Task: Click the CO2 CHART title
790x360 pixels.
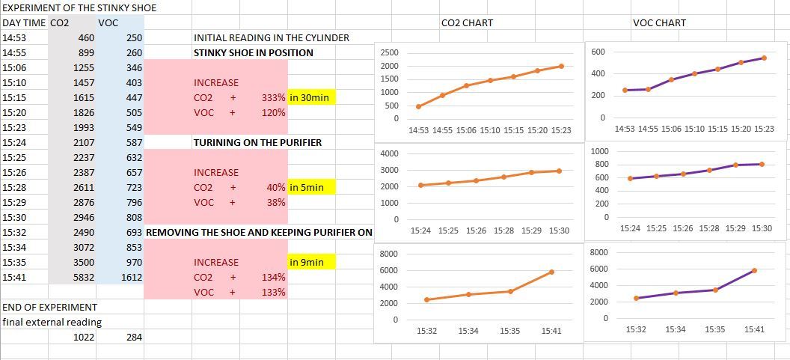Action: coord(467,23)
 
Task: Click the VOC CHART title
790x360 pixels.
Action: coord(659,23)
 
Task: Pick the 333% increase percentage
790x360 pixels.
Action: coord(273,97)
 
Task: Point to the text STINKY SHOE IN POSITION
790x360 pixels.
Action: coord(254,52)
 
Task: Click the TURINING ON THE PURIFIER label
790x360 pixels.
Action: coord(258,142)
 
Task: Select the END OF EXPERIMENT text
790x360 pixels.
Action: coord(50,307)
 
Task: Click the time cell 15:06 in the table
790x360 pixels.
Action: coord(15,67)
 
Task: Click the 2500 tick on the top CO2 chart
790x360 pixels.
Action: coord(390,53)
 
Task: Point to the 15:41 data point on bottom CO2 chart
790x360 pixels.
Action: coord(551,272)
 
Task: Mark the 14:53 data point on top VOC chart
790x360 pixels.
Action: coord(625,90)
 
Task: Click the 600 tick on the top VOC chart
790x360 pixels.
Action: coord(597,52)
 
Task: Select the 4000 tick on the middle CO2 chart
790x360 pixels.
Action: coord(390,153)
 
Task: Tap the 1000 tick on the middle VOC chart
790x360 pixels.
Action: coord(599,152)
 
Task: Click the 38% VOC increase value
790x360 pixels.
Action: coord(276,202)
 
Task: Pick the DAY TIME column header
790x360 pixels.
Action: coord(24,23)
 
